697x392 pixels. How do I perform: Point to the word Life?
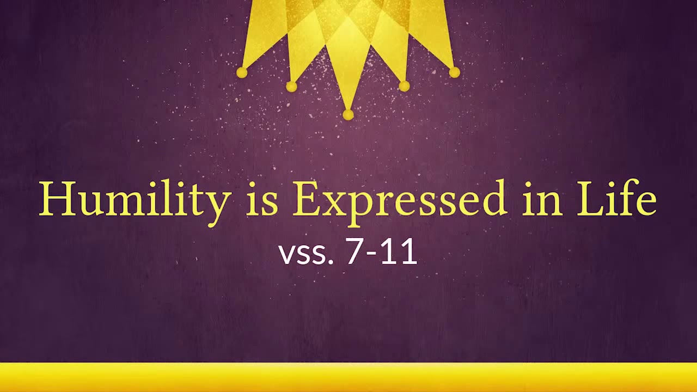616,199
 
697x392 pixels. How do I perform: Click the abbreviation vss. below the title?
305,254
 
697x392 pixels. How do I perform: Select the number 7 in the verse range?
354,252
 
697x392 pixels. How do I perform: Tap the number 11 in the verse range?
399,252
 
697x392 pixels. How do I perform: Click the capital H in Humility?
56,199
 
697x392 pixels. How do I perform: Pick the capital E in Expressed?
307,199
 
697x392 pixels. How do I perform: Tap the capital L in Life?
590,199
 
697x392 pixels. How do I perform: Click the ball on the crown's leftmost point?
242,72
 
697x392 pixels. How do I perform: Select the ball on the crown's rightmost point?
455,72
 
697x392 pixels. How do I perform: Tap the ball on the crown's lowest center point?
348,114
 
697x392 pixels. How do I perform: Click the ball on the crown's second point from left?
291,87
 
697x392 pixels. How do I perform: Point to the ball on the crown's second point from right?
404,86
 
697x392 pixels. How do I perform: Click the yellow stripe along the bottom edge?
348,377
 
